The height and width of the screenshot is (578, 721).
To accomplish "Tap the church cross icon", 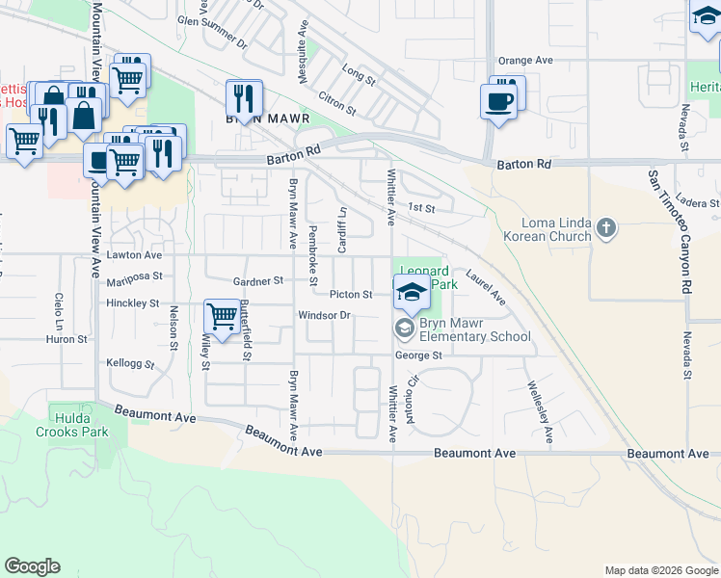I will (605, 228).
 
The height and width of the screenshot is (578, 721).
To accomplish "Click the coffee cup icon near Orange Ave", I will (499, 101).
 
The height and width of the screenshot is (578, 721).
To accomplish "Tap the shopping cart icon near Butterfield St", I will (222, 316).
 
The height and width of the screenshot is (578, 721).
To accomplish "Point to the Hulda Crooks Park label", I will (80, 425).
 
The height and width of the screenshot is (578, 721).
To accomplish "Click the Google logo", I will (32, 566).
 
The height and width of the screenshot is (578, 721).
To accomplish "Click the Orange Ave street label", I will (526, 60).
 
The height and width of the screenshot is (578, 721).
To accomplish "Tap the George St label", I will (418, 355).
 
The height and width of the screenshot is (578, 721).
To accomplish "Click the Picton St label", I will (351, 294).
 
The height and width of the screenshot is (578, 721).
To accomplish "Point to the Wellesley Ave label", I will (540, 413).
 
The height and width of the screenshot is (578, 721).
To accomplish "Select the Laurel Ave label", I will (486, 286).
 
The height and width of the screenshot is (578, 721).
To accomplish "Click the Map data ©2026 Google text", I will (660, 570).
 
